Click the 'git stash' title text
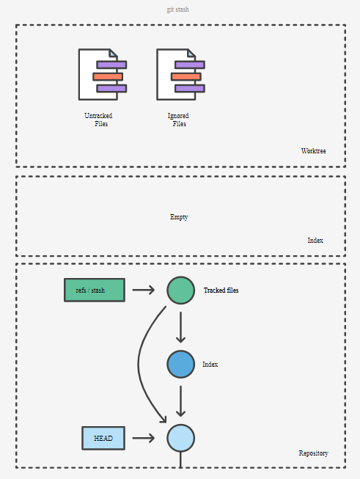(x=177, y=10)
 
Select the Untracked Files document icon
(x=103, y=74)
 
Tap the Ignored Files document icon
(x=181, y=74)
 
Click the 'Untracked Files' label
(x=99, y=120)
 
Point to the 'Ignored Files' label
(x=178, y=120)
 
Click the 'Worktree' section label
(x=313, y=151)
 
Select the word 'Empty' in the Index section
(x=179, y=217)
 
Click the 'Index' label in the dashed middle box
(x=315, y=241)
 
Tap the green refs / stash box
(x=95, y=290)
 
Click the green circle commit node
(x=181, y=290)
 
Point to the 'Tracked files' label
(x=221, y=290)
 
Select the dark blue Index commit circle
(x=181, y=364)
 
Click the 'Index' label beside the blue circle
(x=210, y=364)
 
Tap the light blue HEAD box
(x=103, y=438)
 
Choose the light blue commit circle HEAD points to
(x=181, y=438)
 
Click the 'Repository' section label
(x=313, y=453)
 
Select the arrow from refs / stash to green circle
(x=144, y=290)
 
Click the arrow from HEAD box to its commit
(x=144, y=438)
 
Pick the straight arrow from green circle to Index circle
(x=181, y=327)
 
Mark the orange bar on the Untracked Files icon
(x=108, y=76)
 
